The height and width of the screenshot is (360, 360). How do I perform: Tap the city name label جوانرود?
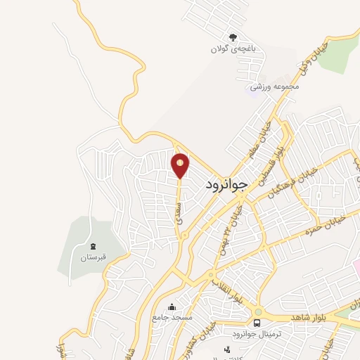(x=228, y=185)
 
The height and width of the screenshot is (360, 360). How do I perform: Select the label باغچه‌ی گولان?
(x=229, y=49)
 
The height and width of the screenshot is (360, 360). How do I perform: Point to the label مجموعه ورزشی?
(x=276, y=87)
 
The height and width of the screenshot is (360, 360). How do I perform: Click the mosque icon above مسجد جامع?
(x=172, y=307)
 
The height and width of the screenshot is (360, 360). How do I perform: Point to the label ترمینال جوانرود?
(x=257, y=334)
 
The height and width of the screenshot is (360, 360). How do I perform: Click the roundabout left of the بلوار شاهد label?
(x=258, y=311)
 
